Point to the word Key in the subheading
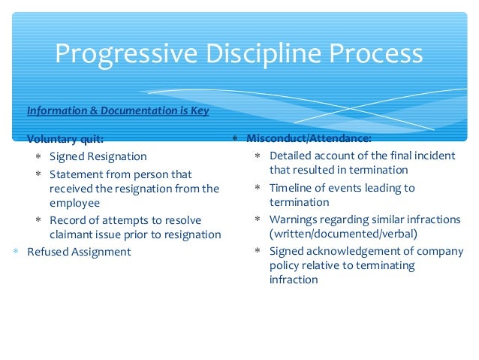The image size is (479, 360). click(x=199, y=110)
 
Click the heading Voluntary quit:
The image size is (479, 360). click(x=65, y=139)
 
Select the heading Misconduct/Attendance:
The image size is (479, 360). click(x=309, y=139)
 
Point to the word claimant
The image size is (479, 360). click(x=74, y=234)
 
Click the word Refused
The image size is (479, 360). click(x=48, y=252)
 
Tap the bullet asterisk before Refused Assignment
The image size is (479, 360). click(x=16, y=252)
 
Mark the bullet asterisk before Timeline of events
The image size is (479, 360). click(x=258, y=188)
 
